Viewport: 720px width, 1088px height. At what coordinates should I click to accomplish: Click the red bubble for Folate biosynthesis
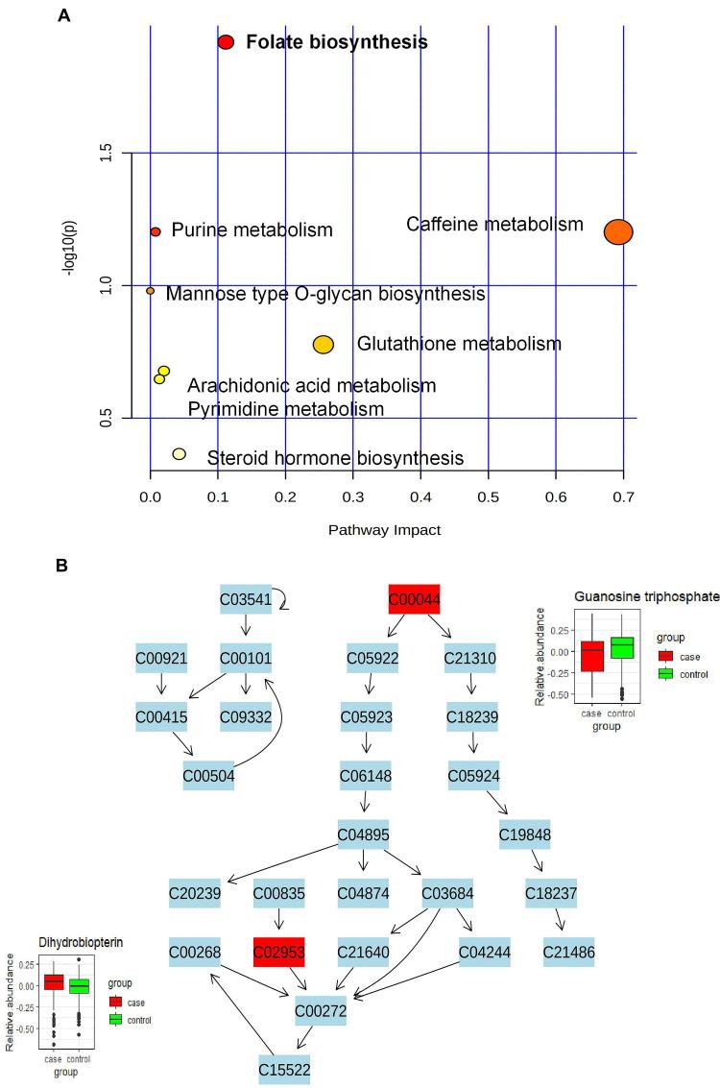[226, 42]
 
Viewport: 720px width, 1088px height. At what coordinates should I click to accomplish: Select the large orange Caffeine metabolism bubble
[618, 231]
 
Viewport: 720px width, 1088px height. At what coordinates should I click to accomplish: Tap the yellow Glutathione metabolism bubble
[324, 345]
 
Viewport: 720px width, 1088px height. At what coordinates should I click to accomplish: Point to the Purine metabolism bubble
[156, 231]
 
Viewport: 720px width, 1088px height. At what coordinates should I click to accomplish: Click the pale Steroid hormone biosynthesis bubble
[179, 454]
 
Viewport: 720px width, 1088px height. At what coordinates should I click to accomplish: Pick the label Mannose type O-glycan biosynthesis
[324, 294]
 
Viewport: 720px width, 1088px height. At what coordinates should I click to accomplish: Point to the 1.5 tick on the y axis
[108, 153]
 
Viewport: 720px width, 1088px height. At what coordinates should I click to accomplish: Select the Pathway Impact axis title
[384, 529]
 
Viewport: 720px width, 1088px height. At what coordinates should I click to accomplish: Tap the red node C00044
[414, 600]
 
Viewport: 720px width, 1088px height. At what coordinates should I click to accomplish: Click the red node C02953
[278, 952]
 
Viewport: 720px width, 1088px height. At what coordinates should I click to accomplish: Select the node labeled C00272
[321, 1011]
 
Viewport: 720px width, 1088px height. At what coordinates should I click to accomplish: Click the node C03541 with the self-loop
[246, 600]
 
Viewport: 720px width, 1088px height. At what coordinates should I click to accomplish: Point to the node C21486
[567, 952]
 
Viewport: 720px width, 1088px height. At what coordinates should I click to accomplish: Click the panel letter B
[62, 566]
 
